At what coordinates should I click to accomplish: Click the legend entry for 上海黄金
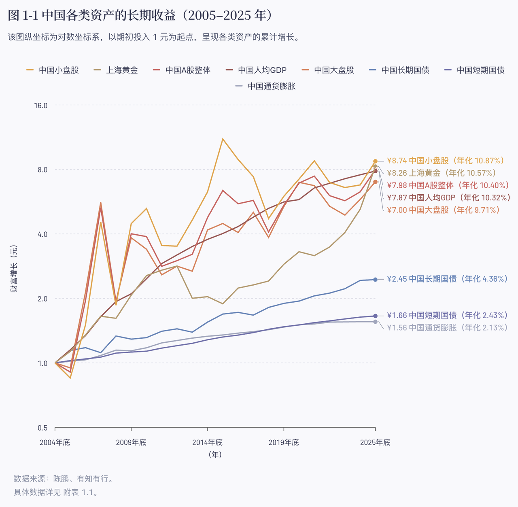point(116,70)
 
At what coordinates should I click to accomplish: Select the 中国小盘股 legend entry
point(53,70)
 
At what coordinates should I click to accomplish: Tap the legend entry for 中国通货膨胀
point(265,86)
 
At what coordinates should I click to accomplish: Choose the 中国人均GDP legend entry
point(256,70)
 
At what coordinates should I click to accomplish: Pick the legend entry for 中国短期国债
point(474,70)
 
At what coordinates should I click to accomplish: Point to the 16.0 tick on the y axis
point(41,105)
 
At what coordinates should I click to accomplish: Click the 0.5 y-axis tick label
point(42,428)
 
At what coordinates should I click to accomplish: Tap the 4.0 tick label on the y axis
point(42,234)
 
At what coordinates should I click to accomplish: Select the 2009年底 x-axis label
point(131,443)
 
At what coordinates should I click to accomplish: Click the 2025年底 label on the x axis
point(375,443)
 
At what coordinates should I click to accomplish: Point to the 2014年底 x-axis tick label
point(207,443)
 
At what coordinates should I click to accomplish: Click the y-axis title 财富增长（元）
point(14,269)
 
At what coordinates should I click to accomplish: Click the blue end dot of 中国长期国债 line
point(375,280)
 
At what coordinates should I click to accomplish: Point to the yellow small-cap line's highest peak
point(223,139)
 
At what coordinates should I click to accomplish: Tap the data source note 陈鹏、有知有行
point(83,479)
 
